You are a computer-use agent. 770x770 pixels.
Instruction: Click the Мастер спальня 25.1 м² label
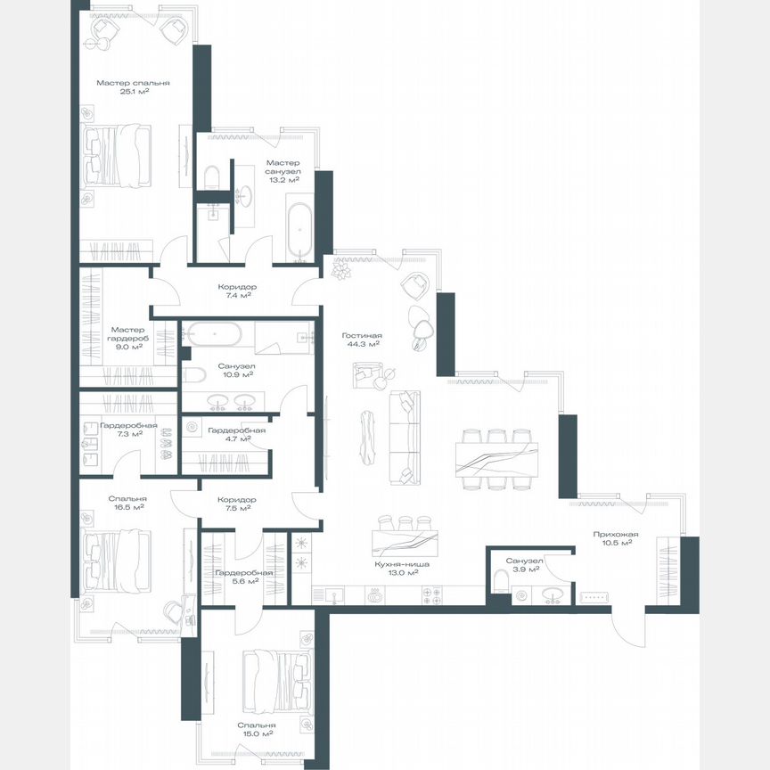[133, 86]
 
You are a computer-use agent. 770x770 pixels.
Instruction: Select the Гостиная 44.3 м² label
[361, 340]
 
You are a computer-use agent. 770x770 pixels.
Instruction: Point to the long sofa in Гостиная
[406, 437]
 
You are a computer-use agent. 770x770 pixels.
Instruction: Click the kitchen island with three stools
[405, 539]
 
